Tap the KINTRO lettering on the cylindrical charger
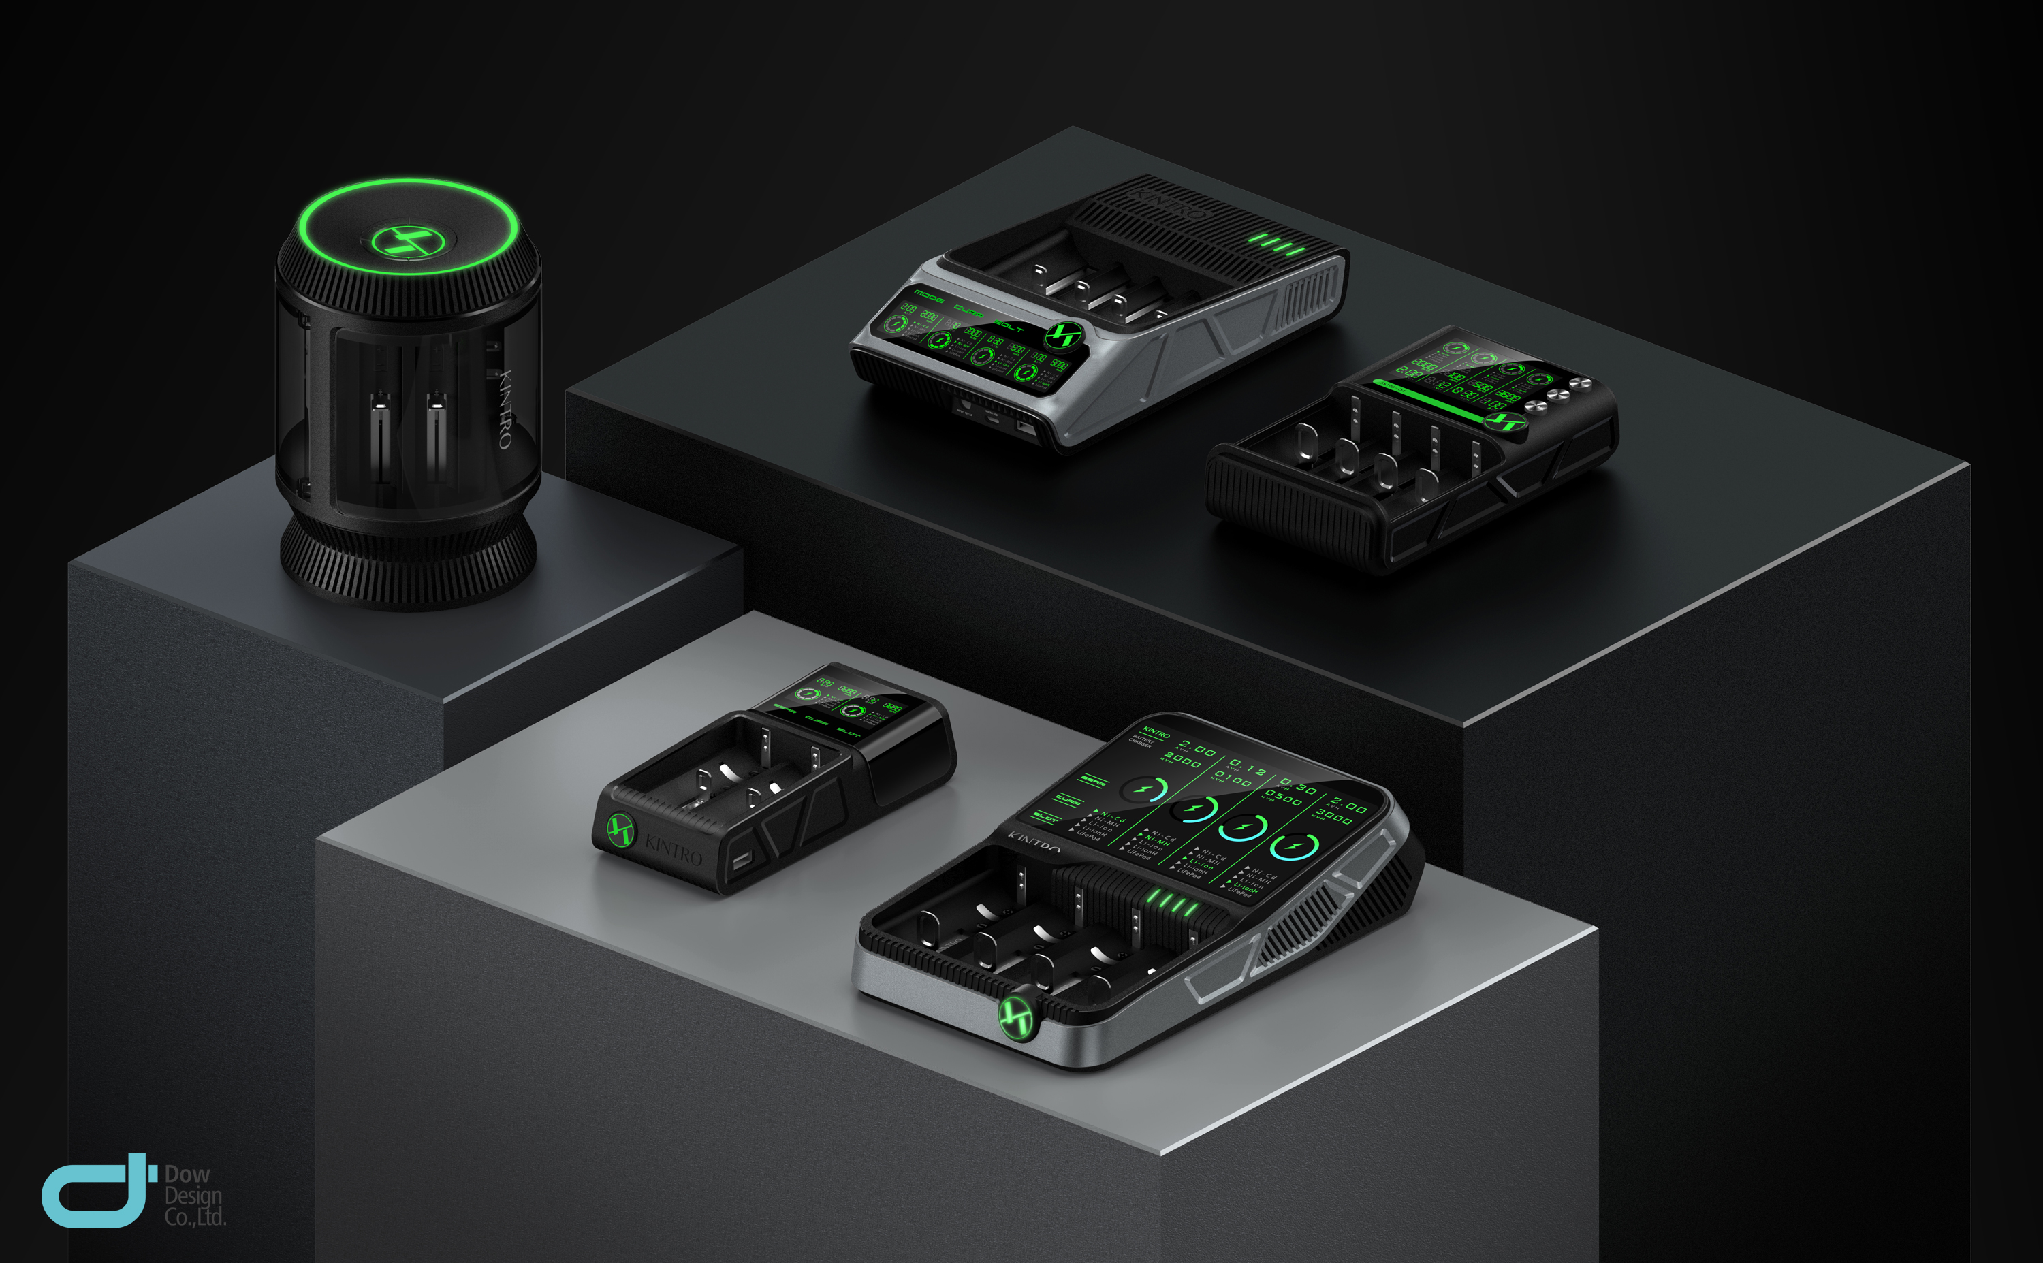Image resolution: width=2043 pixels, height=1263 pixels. click(506, 409)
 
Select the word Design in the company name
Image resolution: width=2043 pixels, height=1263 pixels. click(193, 1196)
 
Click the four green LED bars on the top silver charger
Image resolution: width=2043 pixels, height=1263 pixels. click(1276, 244)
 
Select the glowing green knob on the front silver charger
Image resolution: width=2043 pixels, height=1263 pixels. click(1017, 1017)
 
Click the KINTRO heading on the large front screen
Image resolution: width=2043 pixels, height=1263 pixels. click(1155, 733)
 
